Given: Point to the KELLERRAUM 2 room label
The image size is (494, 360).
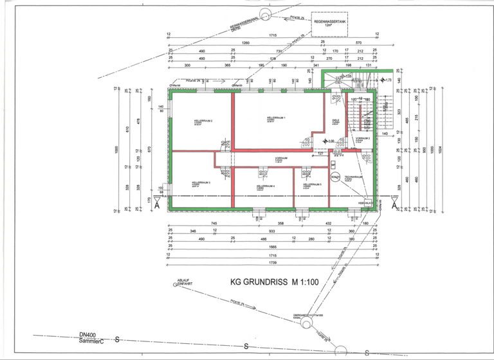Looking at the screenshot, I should click(x=203, y=122).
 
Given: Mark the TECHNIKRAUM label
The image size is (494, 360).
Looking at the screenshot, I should click(x=353, y=178).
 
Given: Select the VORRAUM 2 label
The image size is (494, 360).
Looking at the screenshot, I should click(x=363, y=138).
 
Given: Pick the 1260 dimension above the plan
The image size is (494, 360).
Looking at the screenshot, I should click(x=245, y=43).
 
